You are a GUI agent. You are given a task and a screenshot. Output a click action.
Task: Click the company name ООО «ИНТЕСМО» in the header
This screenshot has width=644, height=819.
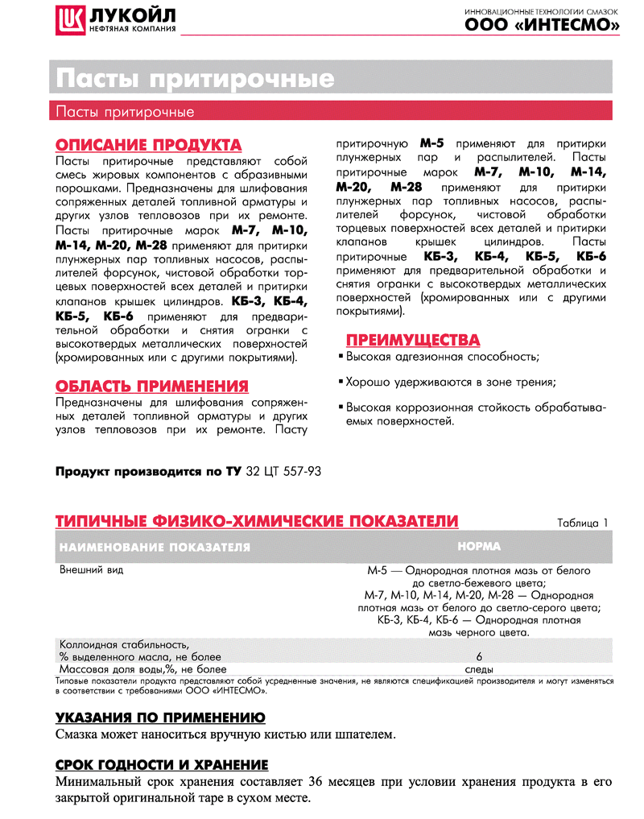pyautogui.click(x=542, y=26)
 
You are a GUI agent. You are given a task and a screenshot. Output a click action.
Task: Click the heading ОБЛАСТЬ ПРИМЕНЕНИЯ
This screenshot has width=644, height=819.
pyautogui.click(x=151, y=386)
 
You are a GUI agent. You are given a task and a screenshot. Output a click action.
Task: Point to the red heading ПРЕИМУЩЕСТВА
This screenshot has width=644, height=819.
pyautogui.click(x=412, y=338)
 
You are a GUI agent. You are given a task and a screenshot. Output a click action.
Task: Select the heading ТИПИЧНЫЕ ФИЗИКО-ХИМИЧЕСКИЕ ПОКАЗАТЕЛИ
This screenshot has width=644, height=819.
pyautogui.click(x=257, y=522)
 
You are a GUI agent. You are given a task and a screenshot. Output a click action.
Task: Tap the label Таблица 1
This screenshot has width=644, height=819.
pyautogui.click(x=583, y=523)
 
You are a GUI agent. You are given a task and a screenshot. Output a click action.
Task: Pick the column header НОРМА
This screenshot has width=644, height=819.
pyautogui.click(x=479, y=546)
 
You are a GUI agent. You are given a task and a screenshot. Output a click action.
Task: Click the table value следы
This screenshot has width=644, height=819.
pyautogui.click(x=479, y=669)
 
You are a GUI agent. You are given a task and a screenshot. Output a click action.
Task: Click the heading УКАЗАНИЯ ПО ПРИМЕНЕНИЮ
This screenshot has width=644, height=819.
pyautogui.click(x=160, y=718)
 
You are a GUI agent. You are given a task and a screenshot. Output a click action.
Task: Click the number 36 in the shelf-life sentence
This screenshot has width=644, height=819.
pyautogui.click(x=317, y=782)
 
